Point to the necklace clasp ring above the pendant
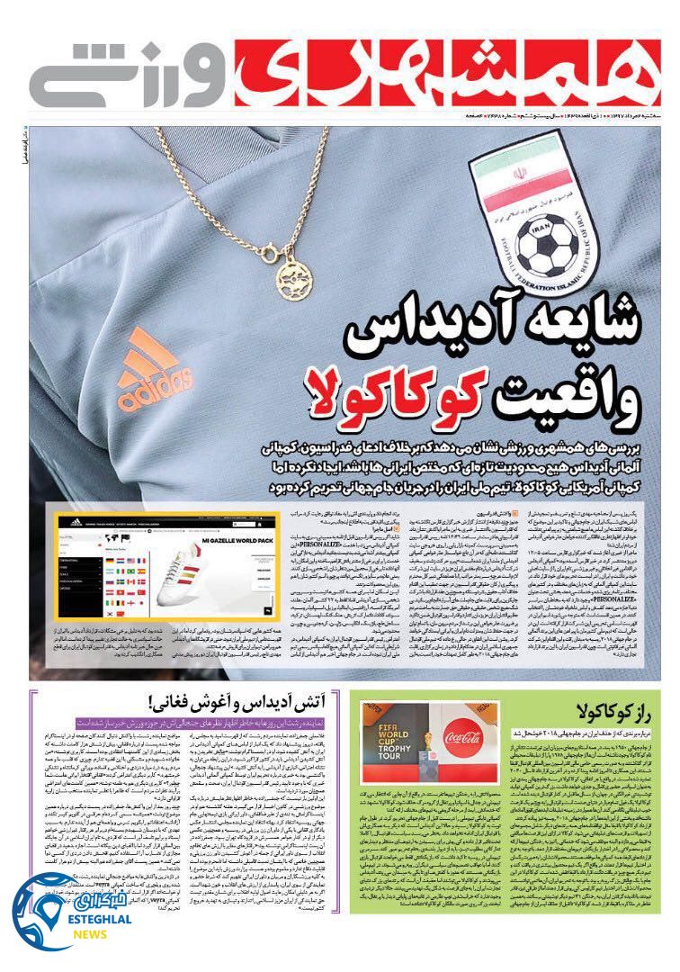269,246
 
